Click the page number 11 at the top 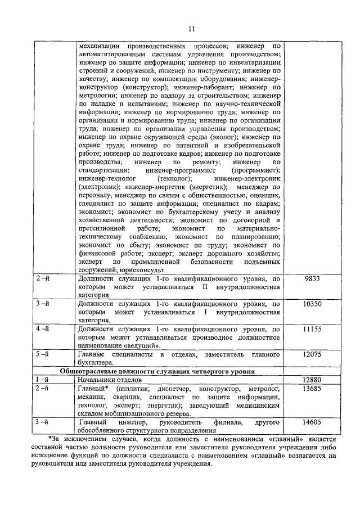[x=191, y=28]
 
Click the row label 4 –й [x=43, y=328]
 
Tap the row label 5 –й [x=43, y=354]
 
